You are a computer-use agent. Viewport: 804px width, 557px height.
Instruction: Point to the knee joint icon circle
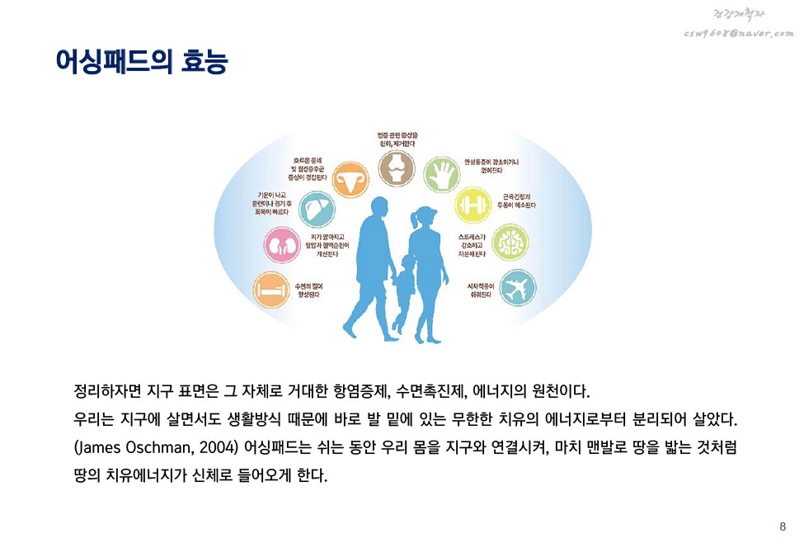pos(397,168)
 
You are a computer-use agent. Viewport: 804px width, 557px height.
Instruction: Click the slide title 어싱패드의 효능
pos(141,62)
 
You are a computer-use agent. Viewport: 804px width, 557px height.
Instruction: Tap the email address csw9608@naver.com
pos(739,33)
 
